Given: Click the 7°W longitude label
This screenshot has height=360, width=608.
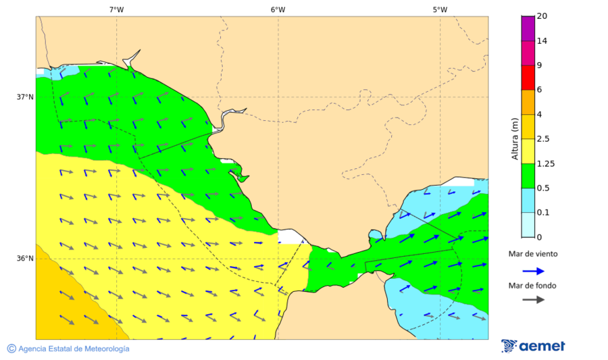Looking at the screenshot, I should coord(116,9).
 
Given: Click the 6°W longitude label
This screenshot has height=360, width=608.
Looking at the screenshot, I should coord(278,9).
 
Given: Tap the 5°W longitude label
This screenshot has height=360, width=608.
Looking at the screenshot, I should coord(440,9).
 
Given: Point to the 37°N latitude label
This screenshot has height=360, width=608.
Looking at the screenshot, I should coord(25,97).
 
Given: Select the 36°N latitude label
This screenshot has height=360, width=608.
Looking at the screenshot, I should coord(25,259).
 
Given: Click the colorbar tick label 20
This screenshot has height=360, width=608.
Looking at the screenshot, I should coord(542,16).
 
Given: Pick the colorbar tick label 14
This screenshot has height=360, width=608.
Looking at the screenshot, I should coord(542,41).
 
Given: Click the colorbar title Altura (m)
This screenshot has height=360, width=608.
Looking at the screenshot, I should coord(515,138).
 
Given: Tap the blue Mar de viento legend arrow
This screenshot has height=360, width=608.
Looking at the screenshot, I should coord(533,271).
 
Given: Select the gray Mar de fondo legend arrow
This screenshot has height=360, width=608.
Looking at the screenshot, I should coord(533,299).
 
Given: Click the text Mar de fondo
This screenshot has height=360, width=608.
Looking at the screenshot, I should coord(533,286).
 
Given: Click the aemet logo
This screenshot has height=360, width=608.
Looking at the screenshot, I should coord(533,346).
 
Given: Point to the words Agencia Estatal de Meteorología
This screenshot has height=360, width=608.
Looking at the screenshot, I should coord(74,349).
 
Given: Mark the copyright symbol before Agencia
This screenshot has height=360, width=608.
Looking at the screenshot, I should coord(11,349).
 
